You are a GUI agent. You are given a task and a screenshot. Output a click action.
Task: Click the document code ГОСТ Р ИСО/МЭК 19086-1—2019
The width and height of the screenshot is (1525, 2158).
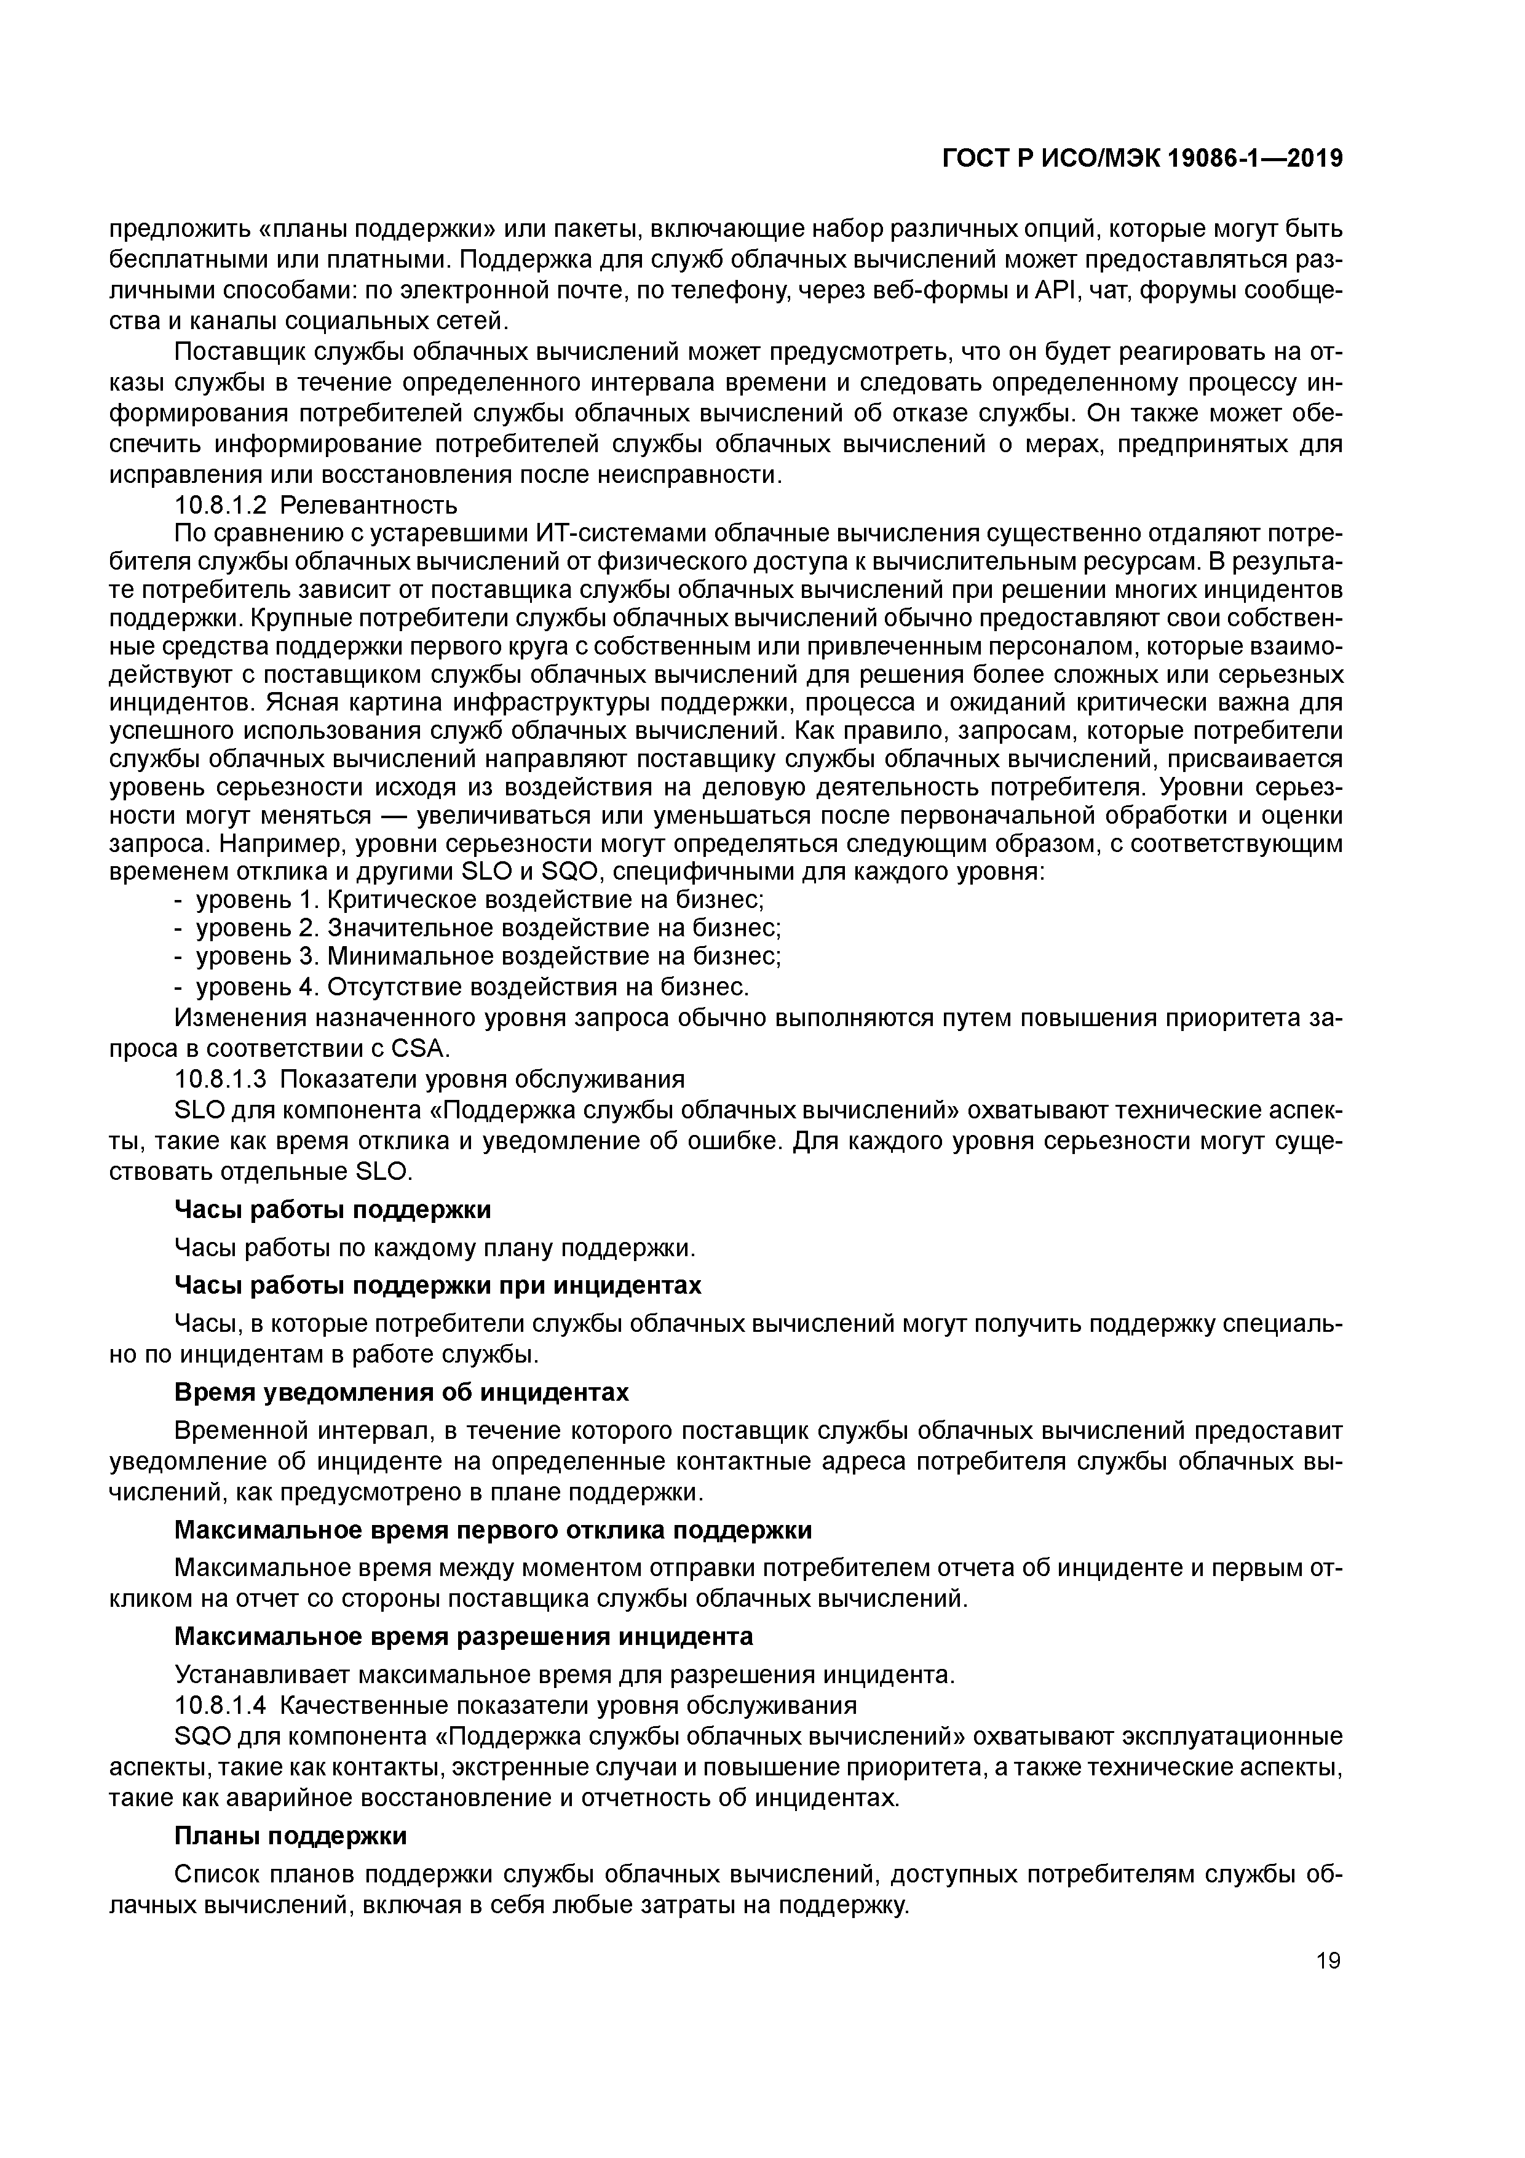click(1142, 160)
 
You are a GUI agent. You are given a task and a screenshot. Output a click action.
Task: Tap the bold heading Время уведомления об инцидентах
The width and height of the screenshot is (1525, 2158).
click(401, 1391)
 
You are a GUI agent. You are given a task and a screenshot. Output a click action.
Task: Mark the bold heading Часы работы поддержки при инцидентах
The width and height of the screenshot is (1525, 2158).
click(438, 1285)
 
